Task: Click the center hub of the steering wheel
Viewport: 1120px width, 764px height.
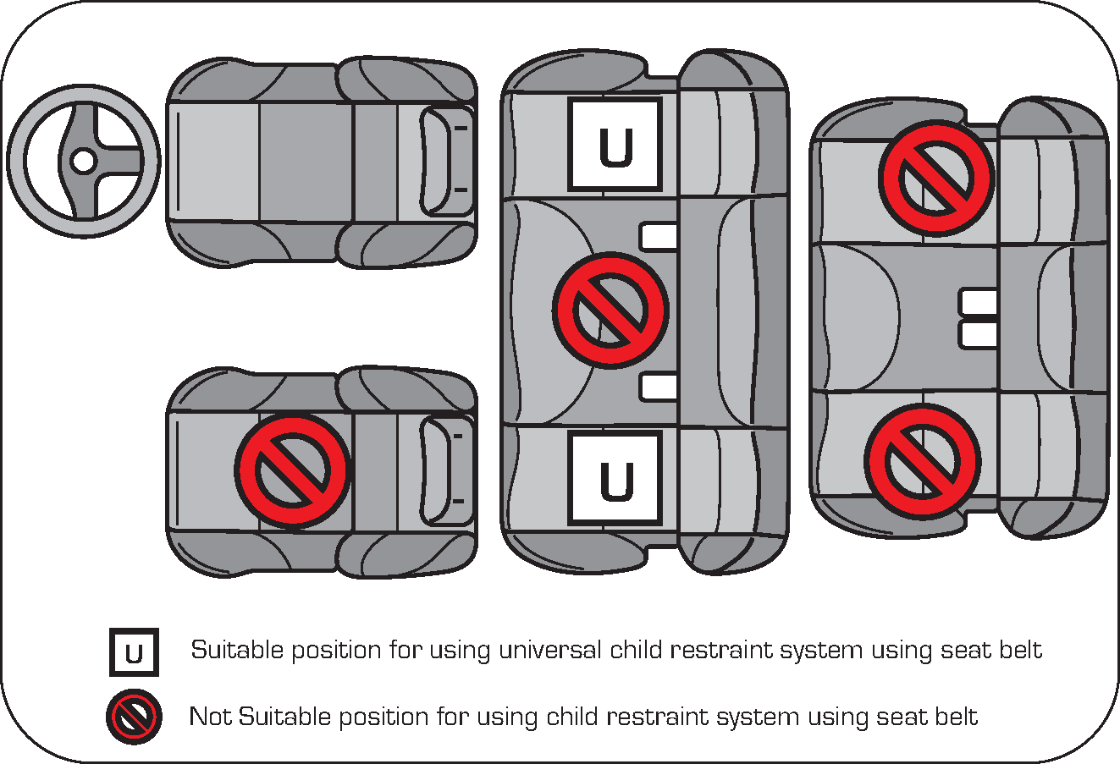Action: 83,160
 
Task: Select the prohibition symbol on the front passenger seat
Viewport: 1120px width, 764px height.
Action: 293,470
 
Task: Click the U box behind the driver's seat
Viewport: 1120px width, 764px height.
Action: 615,145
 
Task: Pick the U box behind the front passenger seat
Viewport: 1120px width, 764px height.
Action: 615,479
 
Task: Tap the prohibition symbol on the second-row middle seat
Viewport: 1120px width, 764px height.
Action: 610,310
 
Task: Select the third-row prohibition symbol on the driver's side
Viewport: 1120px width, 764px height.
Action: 936,179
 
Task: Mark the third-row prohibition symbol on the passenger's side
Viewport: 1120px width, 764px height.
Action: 922,460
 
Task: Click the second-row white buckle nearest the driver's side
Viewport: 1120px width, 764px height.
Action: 659,237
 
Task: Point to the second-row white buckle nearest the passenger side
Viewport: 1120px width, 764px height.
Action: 659,387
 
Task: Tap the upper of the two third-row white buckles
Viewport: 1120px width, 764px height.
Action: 978,301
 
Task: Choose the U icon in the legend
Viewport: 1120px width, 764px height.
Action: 134,652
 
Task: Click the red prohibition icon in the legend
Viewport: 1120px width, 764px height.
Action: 134,717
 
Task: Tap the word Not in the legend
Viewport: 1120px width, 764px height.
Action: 210,717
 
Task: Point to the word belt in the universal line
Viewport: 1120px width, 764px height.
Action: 1019,650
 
